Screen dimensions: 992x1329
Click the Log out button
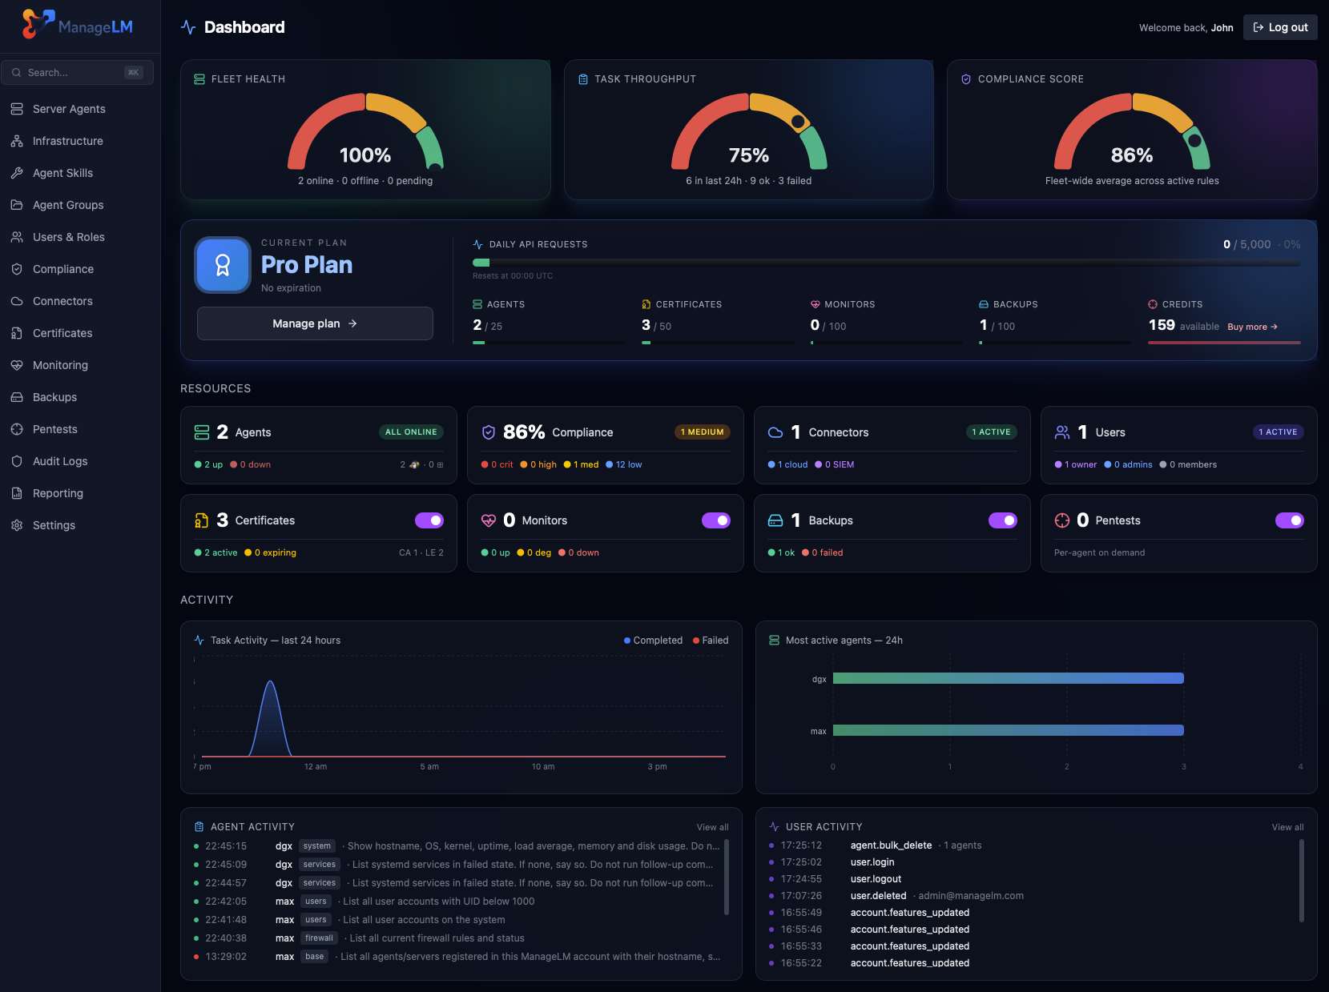(1280, 27)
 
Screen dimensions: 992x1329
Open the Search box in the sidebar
(77, 72)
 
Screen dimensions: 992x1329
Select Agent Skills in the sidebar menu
(62, 173)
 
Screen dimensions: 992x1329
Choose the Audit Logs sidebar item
(60, 461)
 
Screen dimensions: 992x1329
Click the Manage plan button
(315, 323)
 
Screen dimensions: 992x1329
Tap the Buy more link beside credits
(1252, 327)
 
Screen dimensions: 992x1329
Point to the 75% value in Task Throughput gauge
(748, 155)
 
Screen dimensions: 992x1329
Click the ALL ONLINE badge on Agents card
(411, 432)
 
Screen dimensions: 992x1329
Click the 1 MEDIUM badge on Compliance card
(702, 432)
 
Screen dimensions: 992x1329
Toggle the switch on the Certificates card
(429, 520)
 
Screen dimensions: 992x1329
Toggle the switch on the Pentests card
(1289, 520)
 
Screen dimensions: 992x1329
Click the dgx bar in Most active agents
(1008, 678)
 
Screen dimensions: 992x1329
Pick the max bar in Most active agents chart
(1008, 730)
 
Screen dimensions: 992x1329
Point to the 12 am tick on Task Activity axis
(316, 766)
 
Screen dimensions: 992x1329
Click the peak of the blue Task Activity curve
(271, 682)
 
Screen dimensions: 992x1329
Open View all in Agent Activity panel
(712, 827)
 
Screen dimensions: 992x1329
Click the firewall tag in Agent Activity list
(319, 938)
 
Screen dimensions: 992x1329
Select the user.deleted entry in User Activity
(878, 896)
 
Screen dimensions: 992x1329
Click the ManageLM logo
(78, 26)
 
